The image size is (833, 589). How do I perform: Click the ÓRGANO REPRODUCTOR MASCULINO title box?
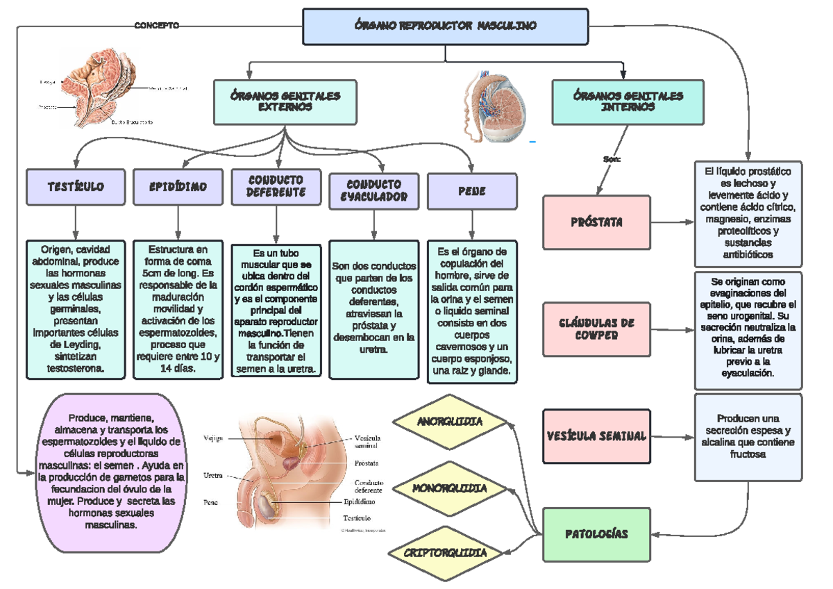click(446, 26)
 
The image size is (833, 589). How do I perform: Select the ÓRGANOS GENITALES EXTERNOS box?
click(285, 101)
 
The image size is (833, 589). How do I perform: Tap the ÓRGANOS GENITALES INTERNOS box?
click(628, 101)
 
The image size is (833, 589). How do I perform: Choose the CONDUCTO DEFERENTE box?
click(276, 186)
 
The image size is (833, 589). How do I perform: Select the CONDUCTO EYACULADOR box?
click(373, 190)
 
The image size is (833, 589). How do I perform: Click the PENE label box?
click(472, 190)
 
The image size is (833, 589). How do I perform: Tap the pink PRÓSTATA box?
click(596, 222)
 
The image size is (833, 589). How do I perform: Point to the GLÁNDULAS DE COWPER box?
click(596, 329)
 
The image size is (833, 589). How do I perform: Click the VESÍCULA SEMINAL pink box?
click(596, 436)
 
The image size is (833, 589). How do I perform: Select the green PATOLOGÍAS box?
click(596, 534)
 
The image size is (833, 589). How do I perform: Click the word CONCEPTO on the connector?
click(156, 26)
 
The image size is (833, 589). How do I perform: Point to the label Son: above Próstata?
click(612, 159)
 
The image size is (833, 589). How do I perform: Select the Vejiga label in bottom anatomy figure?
click(214, 438)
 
